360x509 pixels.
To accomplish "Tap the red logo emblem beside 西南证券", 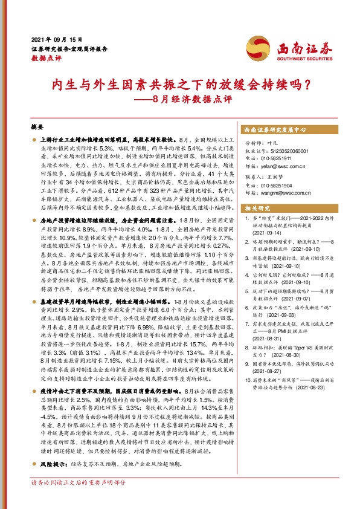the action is click(253, 46).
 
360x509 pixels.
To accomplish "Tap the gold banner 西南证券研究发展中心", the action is click(276, 129).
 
